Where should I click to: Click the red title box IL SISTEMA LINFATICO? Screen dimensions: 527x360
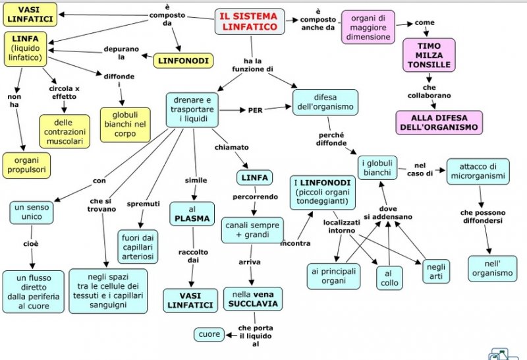[x=250, y=22]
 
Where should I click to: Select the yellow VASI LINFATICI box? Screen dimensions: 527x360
[x=30, y=15]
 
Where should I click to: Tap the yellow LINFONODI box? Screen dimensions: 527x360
[x=183, y=61]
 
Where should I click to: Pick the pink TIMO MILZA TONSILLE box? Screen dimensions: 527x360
[x=430, y=55]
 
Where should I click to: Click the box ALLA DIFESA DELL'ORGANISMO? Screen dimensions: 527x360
[x=439, y=123]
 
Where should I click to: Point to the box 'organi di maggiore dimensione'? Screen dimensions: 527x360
[x=368, y=27]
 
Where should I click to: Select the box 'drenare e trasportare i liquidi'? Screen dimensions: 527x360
[x=192, y=109]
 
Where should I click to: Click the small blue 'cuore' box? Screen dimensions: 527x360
[x=209, y=334]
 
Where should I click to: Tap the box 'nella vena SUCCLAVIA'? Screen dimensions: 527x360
[x=253, y=299]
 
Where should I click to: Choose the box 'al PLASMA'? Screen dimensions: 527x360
[x=192, y=214]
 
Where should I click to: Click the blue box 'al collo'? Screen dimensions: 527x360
[x=389, y=278]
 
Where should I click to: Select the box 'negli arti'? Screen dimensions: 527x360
[x=436, y=271]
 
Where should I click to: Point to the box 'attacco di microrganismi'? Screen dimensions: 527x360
[x=478, y=171]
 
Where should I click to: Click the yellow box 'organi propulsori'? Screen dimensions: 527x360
[x=26, y=165]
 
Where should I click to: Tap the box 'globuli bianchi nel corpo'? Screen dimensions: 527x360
[x=125, y=125]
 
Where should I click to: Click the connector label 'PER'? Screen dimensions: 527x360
[x=255, y=110]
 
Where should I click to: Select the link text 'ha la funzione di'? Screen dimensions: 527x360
[x=253, y=65]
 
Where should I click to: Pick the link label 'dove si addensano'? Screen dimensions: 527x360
[x=388, y=212]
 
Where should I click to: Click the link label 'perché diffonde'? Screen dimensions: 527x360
[x=331, y=139]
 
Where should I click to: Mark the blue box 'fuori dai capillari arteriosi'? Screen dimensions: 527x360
[x=138, y=247]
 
